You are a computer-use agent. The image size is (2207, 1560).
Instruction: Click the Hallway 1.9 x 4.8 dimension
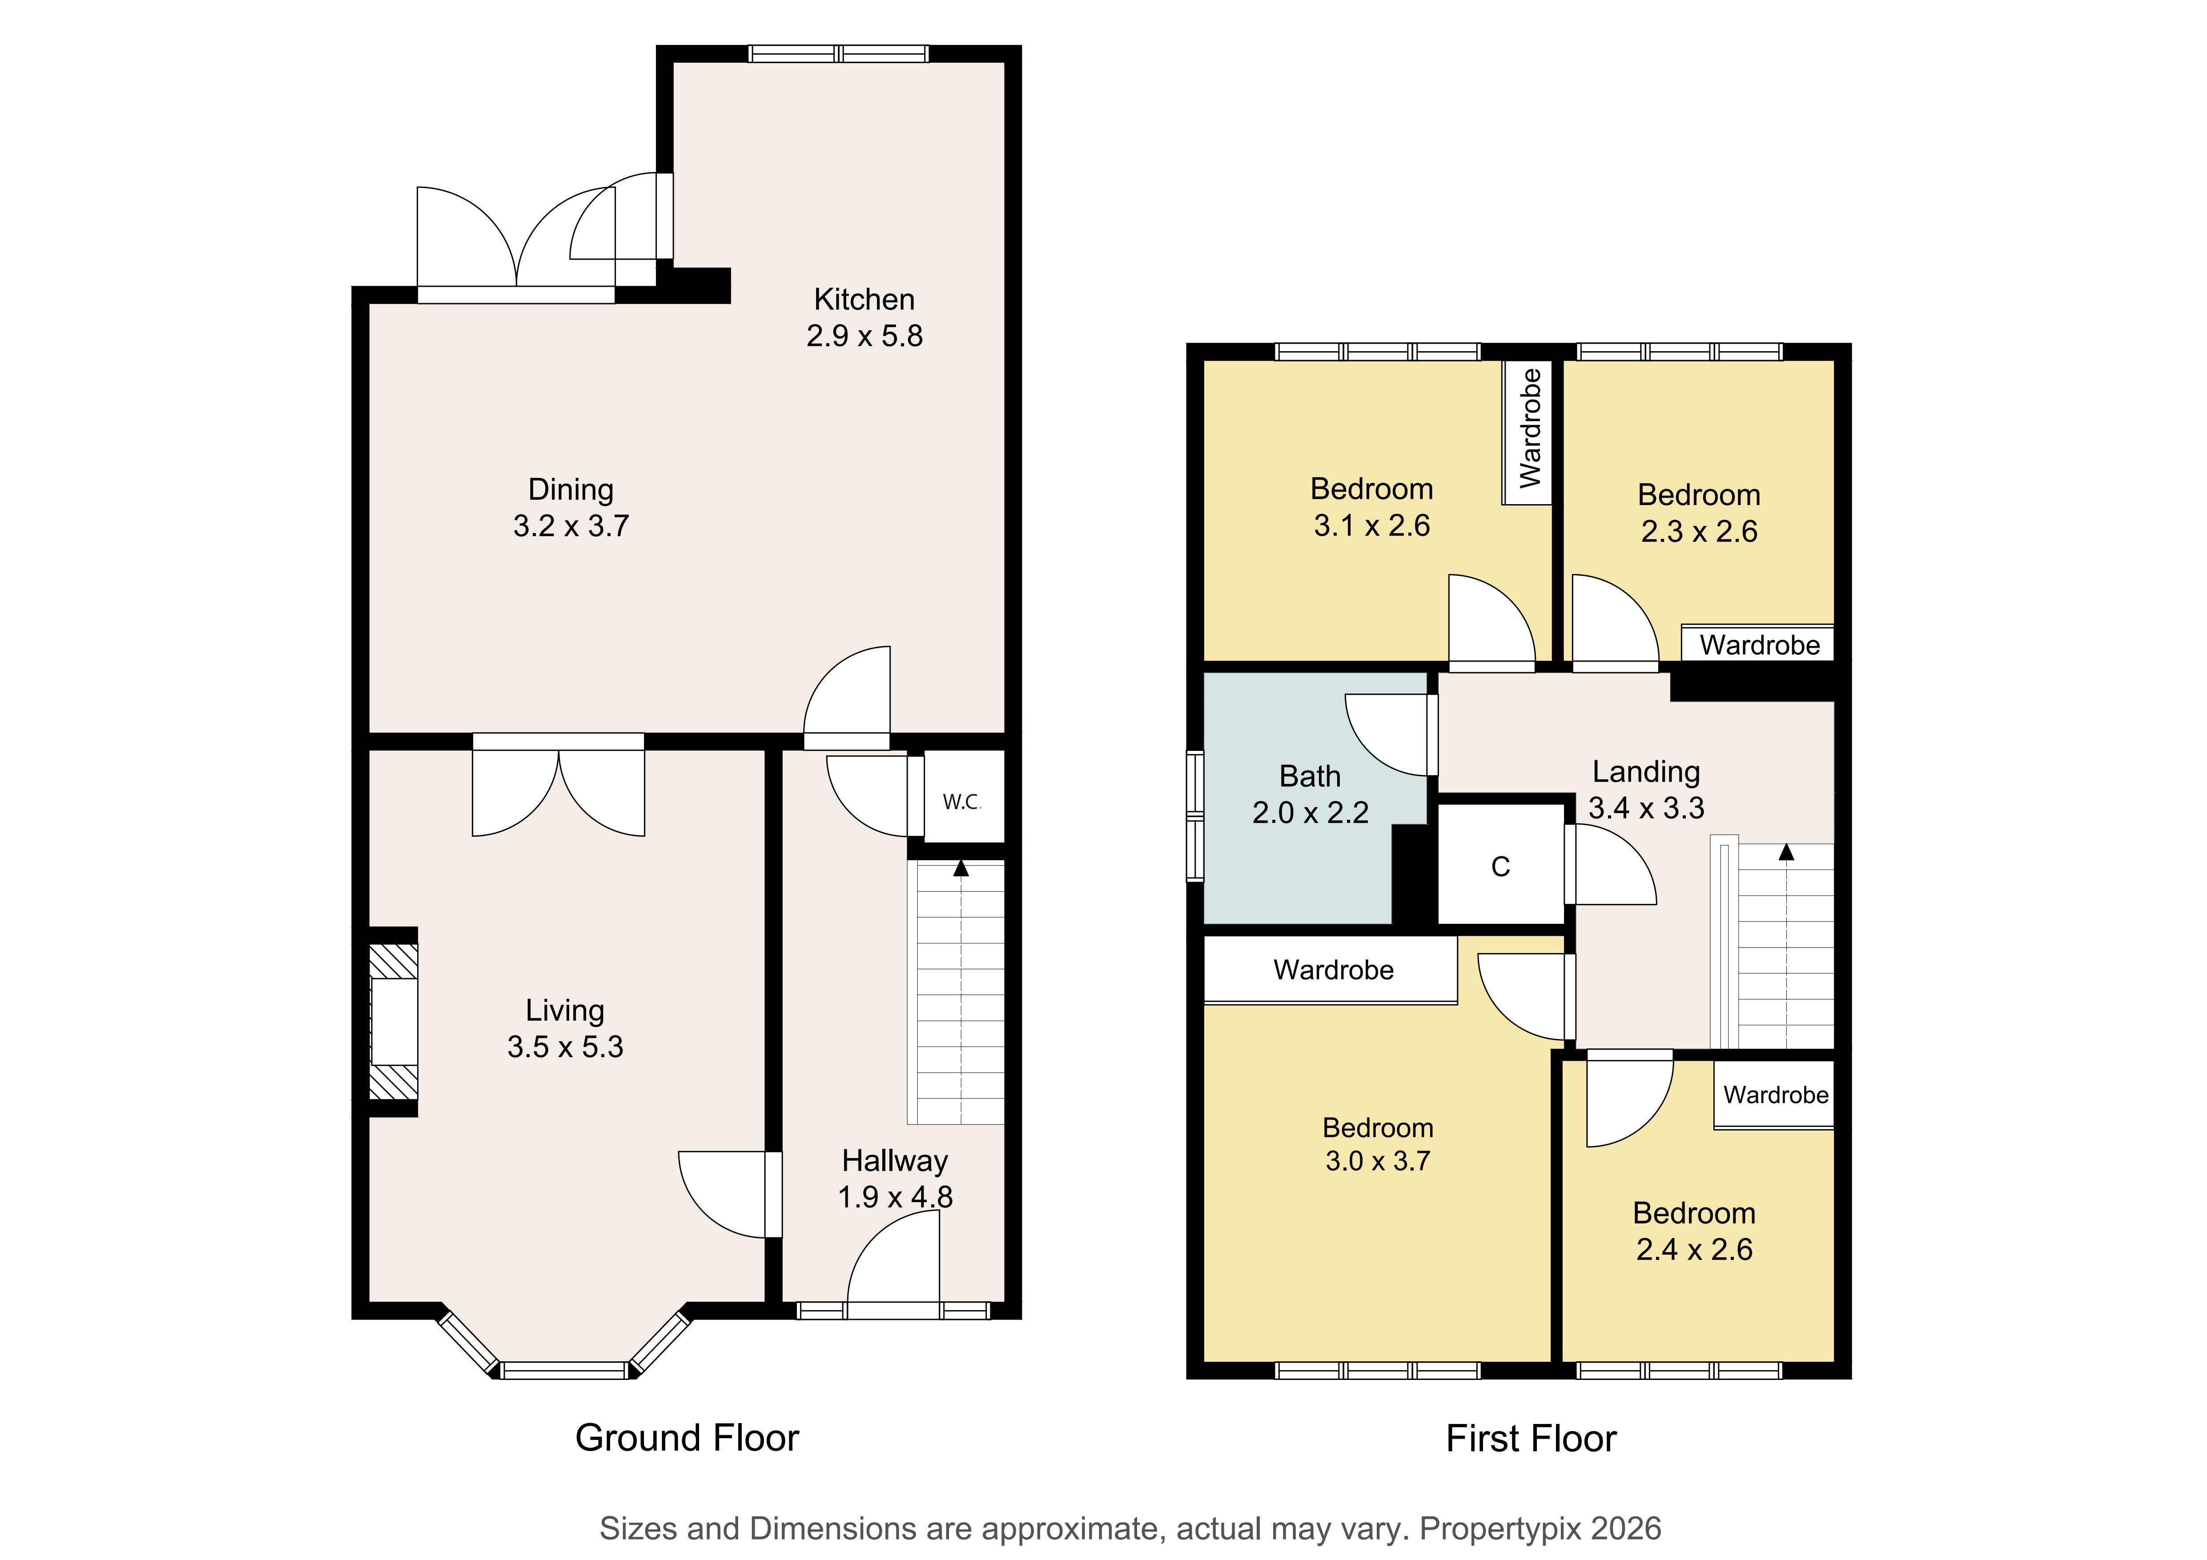click(895, 1197)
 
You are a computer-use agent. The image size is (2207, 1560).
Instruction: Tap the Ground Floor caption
click(687, 1438)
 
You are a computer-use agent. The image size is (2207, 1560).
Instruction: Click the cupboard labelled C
click(1500, 866)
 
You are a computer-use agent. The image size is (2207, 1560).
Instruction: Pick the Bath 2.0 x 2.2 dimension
click(1310, 812)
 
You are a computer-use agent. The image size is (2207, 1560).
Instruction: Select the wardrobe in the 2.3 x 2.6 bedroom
click(1758, 644)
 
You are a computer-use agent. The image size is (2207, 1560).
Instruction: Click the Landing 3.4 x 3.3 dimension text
click(1647, 807)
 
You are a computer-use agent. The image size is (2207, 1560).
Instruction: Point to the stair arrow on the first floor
click(1786, 852)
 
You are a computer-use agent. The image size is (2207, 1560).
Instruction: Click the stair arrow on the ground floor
click(960, 868)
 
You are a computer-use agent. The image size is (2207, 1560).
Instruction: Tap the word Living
click(565, 1010)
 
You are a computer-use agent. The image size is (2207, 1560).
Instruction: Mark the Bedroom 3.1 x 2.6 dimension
click(1372, 525)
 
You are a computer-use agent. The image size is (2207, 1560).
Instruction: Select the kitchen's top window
click(839, 54)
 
